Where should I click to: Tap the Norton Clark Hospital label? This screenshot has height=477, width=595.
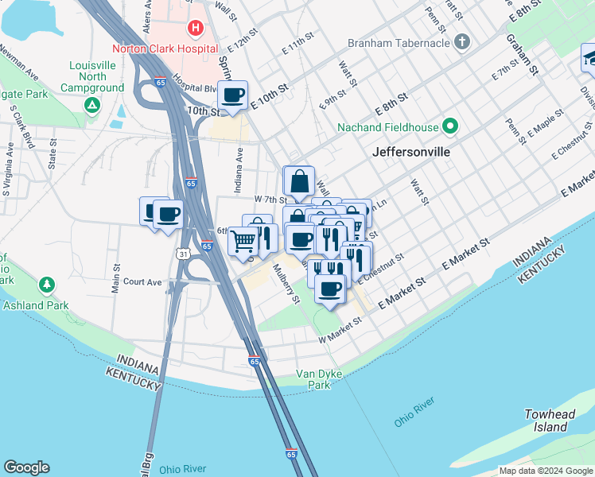click(165, 48)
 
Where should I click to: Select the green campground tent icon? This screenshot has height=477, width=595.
click(93, 104)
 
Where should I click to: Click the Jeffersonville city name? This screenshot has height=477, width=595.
click(410, 151)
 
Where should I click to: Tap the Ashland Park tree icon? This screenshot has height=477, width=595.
click(47, 285)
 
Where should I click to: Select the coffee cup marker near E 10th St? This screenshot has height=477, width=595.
click(233, 96)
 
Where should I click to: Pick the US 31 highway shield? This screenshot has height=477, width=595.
click(183, 253)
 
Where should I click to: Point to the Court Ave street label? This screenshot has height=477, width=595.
click(143, 281)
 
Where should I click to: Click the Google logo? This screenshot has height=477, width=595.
click(26, 467)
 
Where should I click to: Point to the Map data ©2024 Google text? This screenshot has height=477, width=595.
click(545, 471)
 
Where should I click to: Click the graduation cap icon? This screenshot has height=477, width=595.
click(590, 58)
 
